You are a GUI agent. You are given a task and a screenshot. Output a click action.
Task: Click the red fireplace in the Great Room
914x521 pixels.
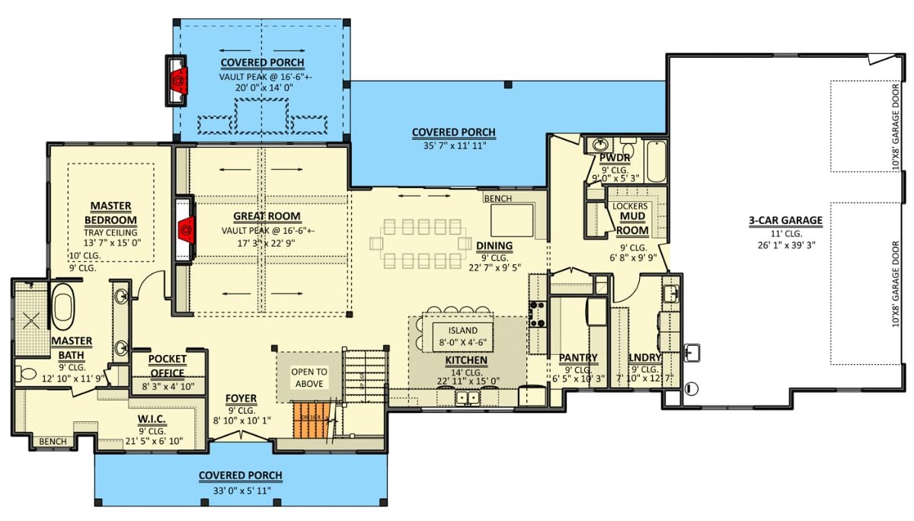pyautogui.click(x=182, y=229)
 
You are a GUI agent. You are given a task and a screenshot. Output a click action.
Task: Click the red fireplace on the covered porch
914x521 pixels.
pyautogui.click(x=178, y=79)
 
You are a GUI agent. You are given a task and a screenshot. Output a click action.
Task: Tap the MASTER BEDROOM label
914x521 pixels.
pyautogui.click(x=111, y=213)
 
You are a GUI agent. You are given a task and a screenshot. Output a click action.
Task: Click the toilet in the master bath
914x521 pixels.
pyautogui.click(x=25, y=373)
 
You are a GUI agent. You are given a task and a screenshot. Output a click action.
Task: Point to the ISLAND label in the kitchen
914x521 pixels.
pyautogui.click(x=462, y=331)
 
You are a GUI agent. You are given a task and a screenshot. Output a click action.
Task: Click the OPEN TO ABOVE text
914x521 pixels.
pyautogui.click(x=309, y=378)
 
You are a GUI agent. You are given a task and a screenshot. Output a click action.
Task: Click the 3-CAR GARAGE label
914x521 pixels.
pyautogui.click(x=785, y=221)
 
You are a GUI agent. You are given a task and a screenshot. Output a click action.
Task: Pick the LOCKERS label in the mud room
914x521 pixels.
pyautogui.click(x=631, y=206)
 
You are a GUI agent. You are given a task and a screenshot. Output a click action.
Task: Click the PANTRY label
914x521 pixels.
pyautogui.click(x=578, y=357)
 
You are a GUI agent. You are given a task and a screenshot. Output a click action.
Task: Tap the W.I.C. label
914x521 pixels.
pyautogui.click(x=153, y=420)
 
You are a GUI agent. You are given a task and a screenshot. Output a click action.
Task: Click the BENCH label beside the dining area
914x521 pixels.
pyautogui.click(x=497, y=199)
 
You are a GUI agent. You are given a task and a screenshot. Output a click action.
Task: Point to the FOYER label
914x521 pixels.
pyautogui.click(x=241, y=398)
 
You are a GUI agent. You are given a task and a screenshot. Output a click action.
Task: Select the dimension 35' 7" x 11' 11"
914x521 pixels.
pyautogui.click(x=453, y=145)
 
